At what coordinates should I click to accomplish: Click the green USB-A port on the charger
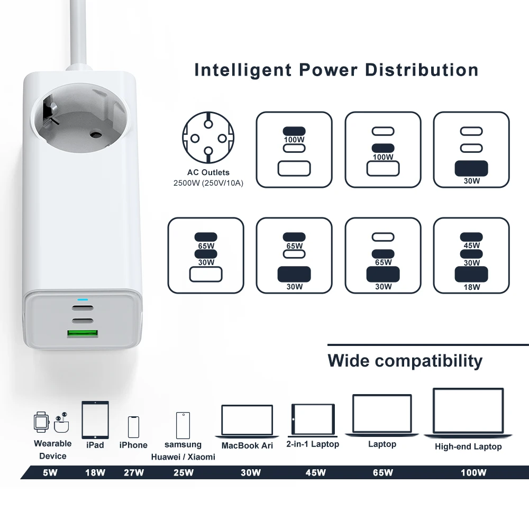point(82,334)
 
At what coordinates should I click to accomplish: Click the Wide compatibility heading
point(405,361)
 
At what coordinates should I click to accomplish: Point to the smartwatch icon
point(41,422)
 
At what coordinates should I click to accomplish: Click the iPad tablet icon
point(95,419)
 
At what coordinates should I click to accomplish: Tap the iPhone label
point(133,445)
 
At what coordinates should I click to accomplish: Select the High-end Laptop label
point(468,446)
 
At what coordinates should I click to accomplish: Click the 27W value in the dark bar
point(133,472)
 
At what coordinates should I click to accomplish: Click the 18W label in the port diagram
point(471,287)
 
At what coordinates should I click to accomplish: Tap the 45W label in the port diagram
point(471,245)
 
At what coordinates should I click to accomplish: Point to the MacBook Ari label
point(247,445)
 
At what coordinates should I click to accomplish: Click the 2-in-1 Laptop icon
point(313,420)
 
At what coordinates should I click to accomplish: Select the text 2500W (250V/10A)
point(208,183)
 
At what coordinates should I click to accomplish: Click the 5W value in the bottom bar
point(50,472)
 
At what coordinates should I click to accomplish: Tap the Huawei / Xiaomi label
point(183,457)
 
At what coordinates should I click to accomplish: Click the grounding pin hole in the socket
point(96,134)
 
